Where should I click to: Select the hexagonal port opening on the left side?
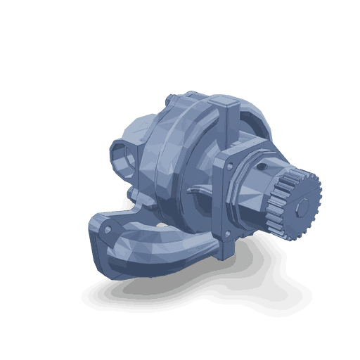coord(122,158)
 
